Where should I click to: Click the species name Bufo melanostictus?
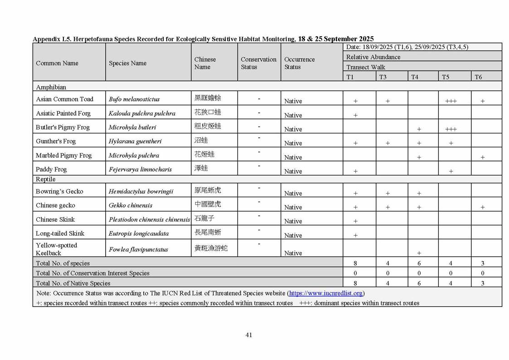134,99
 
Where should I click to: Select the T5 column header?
446,77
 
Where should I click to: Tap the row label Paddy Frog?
51,170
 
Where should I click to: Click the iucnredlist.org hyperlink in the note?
326,293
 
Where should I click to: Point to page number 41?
249,335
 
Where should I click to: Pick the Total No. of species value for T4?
419,263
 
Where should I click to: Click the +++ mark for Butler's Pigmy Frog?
451,129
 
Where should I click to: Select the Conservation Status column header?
258,63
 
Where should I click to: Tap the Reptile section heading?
45,180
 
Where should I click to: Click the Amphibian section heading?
51,87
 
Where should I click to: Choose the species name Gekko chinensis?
131,205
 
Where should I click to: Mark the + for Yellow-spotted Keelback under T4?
419,253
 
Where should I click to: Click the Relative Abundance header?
373,57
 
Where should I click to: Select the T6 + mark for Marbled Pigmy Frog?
483,157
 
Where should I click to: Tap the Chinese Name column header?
205,63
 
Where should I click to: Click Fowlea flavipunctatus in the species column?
138,249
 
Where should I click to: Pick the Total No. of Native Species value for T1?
355,283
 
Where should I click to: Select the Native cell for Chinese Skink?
293,221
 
